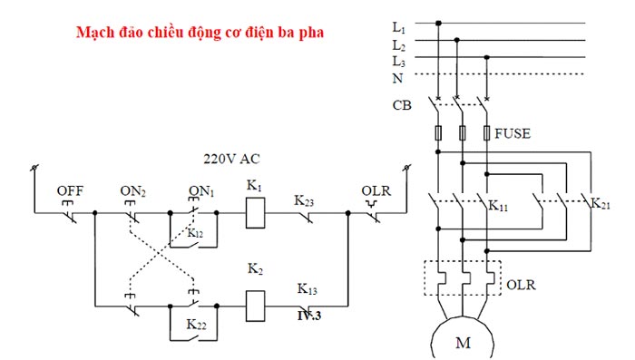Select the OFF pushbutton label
coord(70,190)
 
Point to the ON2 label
coord(133,190)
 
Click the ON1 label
coord(200,190)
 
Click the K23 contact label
coord(306,199)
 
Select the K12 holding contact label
coord(196,233)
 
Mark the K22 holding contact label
coord(198,324)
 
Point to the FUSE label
coord(513,133)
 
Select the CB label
coord(400,105)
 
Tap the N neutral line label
coord(397,79)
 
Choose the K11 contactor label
coord(500,207)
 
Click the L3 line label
coord(398,61)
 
